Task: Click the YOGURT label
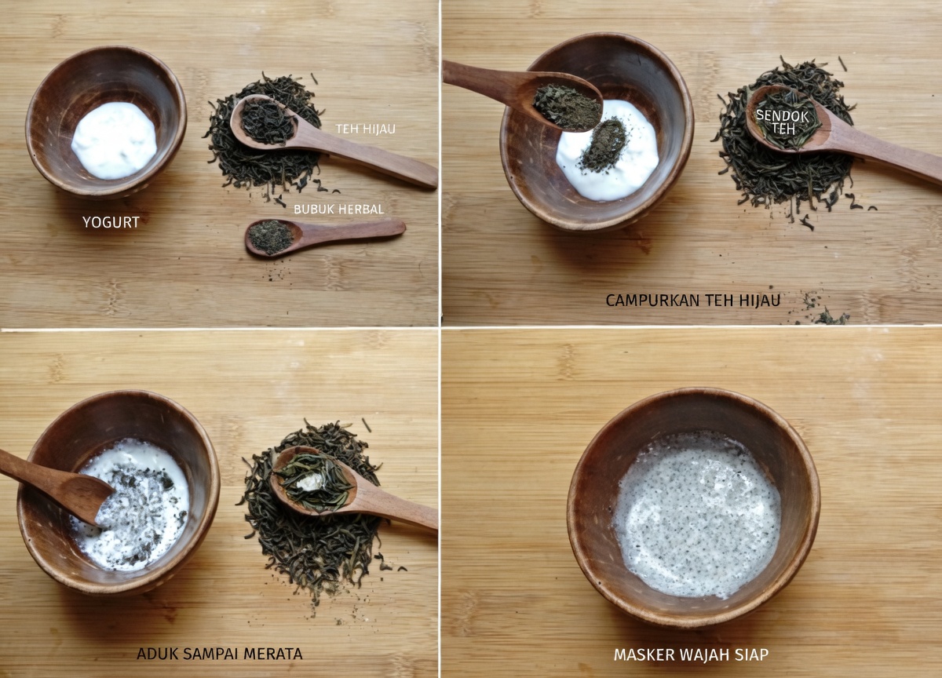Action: (111, 222)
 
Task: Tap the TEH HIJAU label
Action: (366, 129)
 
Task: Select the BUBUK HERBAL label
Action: (338, 210)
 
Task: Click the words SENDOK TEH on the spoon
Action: (782, 122)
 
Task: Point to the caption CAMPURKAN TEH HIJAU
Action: (693, 301)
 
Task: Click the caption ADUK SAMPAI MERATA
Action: (220, 654)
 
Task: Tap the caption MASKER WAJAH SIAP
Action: (692, 655)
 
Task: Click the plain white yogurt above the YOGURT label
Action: (114, 140)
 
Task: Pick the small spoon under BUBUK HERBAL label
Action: (325, 236)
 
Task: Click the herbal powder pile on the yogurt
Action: (604, 146)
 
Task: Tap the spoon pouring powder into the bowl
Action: (523, 95)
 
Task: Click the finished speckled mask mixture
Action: (696, 516)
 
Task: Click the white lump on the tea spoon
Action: (309, 482)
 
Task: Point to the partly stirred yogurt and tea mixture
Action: (133, 505)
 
